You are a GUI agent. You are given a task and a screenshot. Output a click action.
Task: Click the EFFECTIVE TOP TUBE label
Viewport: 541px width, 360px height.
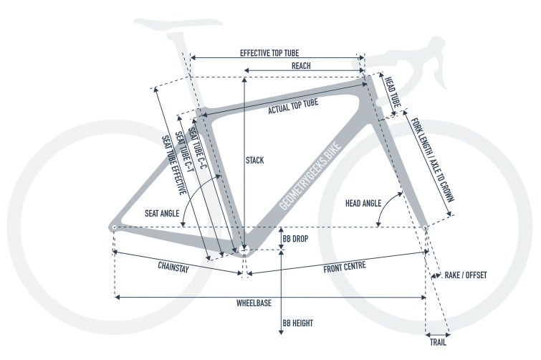point(269,53)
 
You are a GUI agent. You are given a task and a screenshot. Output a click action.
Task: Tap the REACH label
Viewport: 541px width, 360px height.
point(301,66)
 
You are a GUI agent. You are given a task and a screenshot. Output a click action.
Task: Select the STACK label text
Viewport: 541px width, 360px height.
point(255,160)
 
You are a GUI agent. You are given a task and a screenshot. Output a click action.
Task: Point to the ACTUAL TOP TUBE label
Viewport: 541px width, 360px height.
point(293,106)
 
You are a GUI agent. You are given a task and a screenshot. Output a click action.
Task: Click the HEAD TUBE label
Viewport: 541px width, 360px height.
point(393,93)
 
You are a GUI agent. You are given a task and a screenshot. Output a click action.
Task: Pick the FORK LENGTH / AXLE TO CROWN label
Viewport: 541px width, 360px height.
point(432,160)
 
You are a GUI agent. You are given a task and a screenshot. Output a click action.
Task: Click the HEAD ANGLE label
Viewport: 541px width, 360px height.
point(363,203)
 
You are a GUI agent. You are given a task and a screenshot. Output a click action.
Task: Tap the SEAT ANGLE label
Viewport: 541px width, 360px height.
point(162,213)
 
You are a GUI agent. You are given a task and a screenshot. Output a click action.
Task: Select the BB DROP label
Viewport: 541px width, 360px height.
point(295,239)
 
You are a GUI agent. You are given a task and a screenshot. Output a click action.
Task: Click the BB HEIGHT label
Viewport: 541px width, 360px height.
point(298,323)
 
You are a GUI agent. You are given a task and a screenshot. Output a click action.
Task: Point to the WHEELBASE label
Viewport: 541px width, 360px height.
point(254,303)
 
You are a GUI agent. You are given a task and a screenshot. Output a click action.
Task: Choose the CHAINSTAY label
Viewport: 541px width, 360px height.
point(173,267)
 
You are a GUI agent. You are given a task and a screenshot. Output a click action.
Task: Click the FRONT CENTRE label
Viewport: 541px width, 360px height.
point(345,267)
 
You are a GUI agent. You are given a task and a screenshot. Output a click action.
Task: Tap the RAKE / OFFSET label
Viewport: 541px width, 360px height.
point(466,275)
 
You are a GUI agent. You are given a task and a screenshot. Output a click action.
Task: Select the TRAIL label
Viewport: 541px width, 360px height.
point(438,342)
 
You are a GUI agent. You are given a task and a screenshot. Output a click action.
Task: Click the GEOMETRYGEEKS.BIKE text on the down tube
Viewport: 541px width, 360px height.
point(310,176)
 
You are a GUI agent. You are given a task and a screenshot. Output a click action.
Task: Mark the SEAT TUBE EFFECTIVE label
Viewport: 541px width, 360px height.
point(174,165)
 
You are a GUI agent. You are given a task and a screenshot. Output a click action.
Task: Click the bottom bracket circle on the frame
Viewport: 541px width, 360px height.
point(244,250)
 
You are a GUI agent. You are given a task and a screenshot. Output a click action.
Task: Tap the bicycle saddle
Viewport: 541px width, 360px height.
point(178,23)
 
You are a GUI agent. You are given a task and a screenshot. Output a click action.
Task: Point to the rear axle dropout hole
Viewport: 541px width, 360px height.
point(114,227)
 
